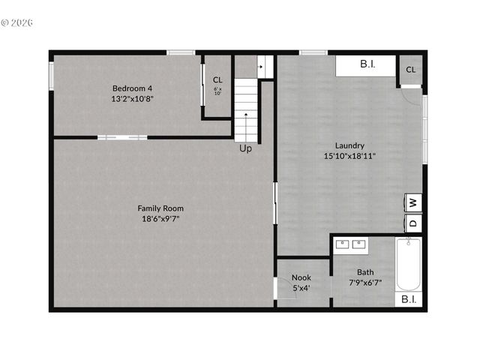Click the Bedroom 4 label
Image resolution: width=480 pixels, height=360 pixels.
click(132, 87)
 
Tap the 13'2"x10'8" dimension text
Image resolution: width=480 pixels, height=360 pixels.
click(132, 98)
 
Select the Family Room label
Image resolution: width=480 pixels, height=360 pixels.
click(160, 208)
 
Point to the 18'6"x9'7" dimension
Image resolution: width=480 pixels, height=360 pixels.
click(160, 219)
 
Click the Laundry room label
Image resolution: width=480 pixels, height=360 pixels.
click(349, 145)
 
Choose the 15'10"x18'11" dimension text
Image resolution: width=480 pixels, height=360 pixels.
click(349, 156)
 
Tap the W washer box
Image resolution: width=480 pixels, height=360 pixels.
click(413, 202)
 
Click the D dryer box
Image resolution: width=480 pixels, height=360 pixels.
click(413, 223)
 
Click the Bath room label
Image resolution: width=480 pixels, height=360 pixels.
click(365, 272)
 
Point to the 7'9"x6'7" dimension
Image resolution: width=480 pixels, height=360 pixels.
click(365, 283)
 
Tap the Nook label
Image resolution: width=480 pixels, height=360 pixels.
click(301, 277)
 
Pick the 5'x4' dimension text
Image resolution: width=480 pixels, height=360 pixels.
click(301, 287)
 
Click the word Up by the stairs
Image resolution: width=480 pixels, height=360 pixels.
click(245, 148)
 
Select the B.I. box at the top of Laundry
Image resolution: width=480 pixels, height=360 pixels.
click(366, 65)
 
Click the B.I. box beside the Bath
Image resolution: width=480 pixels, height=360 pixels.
click(409, 299)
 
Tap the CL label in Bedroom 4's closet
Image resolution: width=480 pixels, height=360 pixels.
click(217, 79)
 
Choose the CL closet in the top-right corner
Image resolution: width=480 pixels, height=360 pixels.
click(410, 70)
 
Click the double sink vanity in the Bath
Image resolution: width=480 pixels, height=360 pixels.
click(351, 244)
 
